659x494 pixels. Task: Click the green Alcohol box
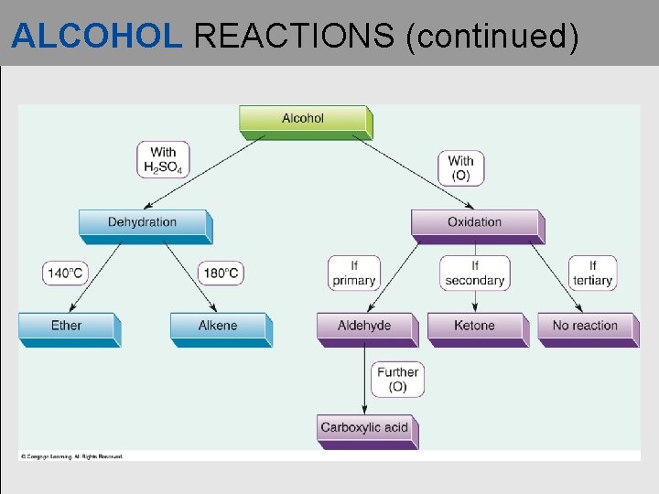click(x=303, y=119)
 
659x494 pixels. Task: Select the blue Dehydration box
click(x=143, y=223)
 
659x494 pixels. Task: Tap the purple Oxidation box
click(x=474, y=223)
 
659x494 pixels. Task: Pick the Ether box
click(x=66, y=327)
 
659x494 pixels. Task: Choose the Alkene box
click(x=218, y=327)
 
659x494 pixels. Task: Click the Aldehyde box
click(x=363, y=327)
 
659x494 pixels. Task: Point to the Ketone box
click(x=474, y=327)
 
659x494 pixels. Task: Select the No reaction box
click(x=585, y=327)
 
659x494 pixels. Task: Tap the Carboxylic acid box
click(x=363, y=428)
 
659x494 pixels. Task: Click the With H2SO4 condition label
click(x=163, y=160)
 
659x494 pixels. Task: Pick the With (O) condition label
click(x=461, y=168)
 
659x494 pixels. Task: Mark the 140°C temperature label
click(x=66, y=273)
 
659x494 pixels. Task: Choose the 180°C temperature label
click(x=221, y=273)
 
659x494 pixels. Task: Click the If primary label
click(x=354, y=273)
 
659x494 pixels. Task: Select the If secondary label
click(x=474, y=273)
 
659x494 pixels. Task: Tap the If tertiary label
click(x=592, y=273)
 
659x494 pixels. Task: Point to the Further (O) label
click(x=397, y=379)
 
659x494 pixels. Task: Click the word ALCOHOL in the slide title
click(x=97, y=36)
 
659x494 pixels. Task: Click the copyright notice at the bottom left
click(x=70, y=456)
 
